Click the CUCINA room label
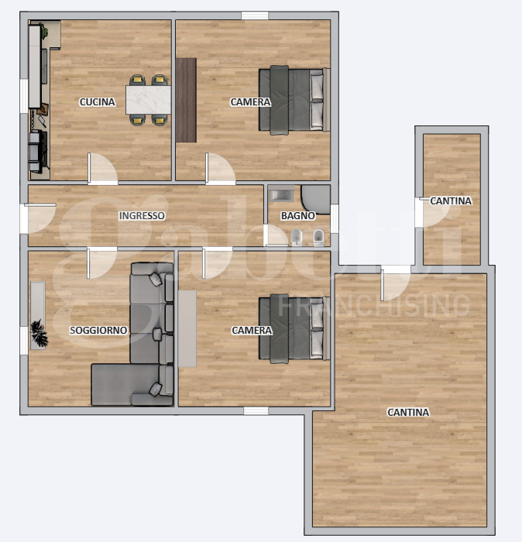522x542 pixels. [98, 102]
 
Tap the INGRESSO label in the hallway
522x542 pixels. [141, 216]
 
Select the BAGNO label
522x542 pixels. [297, 216]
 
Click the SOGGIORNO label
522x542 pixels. [98, 331]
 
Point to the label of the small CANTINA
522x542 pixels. [451, 201]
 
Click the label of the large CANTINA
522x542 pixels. [408, 413]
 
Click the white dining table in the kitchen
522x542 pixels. [148, 98]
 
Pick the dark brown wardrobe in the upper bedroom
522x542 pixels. [186, 100]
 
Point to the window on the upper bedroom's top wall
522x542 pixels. [254, 15]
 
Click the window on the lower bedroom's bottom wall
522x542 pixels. [256, 410]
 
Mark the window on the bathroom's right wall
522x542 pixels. [335, 219]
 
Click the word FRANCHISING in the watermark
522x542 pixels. [373, 305]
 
